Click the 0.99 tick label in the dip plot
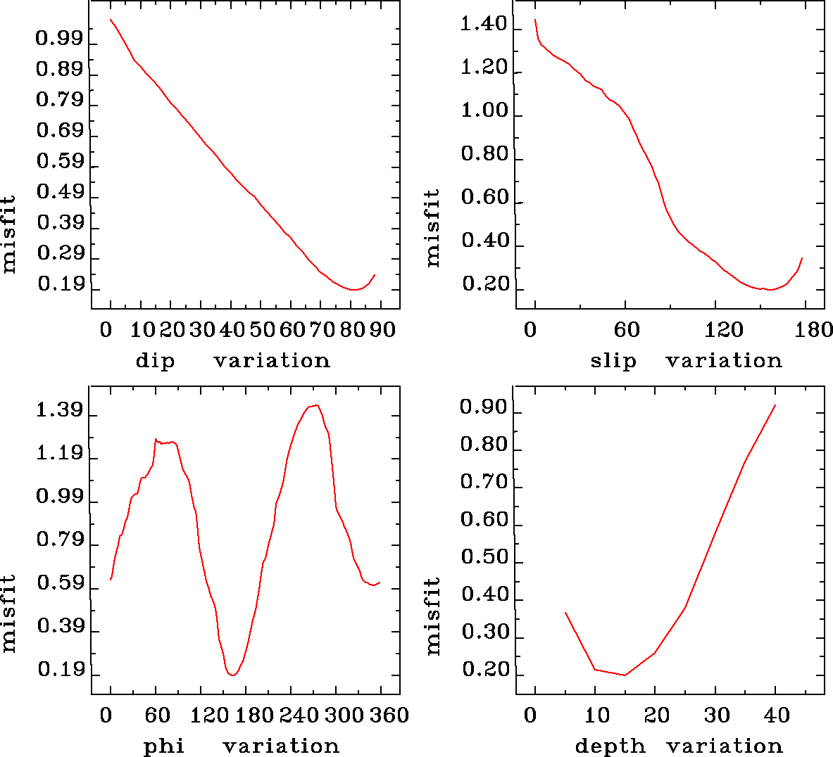(59, 39)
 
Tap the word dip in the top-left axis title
(155, 361)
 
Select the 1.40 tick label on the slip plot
(483, 25)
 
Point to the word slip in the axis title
(613, 361)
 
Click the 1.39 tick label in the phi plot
(59, 411)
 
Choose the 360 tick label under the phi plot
(389, 715)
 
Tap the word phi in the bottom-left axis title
(164, 746)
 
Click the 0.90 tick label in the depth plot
(483, 407)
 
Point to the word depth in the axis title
(610, 746)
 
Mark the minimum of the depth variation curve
(625, 675)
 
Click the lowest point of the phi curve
(232, 675)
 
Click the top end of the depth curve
(775, 405)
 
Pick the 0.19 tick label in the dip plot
(61, 284)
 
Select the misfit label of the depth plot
(433, 616)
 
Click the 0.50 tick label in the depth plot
(484, 558)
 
